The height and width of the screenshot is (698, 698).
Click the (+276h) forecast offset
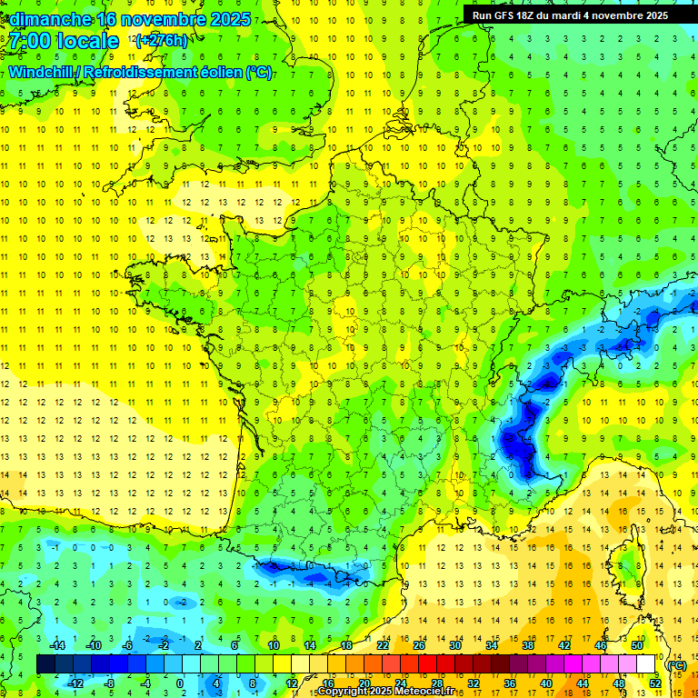click(161, 41)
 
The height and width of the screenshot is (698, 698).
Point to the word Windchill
click(42, 72)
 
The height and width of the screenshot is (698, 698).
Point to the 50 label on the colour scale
click(636, 645)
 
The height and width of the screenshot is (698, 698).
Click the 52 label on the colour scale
click(654, 683)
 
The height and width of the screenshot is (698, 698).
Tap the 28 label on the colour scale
click(436, 683)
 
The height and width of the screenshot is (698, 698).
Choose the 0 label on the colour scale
click(180, 683)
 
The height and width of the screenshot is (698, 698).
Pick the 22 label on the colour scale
click(383, 645)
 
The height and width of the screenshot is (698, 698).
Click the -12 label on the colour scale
click(75, 683)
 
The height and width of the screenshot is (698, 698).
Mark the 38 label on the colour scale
click(527, 645)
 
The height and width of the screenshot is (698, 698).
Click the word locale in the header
click(87, 41)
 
